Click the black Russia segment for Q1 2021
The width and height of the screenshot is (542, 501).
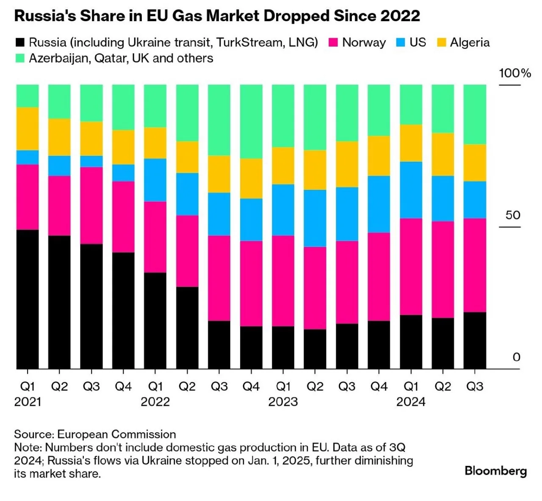28,299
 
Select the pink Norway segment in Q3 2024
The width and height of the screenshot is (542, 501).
475,265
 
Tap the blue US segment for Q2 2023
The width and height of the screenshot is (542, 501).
315,218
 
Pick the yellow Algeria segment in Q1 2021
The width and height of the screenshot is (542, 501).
28,129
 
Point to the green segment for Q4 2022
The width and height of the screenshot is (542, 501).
251,122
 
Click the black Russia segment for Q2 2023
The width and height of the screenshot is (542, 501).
315,349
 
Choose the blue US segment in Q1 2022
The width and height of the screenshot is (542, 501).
155,180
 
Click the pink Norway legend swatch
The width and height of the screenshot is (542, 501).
333,43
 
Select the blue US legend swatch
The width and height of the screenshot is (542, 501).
400,43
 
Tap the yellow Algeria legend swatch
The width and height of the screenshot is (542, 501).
441,43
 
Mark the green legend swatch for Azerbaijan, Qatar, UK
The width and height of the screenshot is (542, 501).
20,58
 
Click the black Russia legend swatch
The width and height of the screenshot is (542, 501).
20,43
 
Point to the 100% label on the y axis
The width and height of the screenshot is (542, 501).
515,73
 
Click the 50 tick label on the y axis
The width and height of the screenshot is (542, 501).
513,215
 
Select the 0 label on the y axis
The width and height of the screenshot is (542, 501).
516,357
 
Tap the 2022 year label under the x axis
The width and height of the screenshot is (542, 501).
155,402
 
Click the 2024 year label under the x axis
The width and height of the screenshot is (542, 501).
411,402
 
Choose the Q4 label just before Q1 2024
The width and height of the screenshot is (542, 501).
379,387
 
